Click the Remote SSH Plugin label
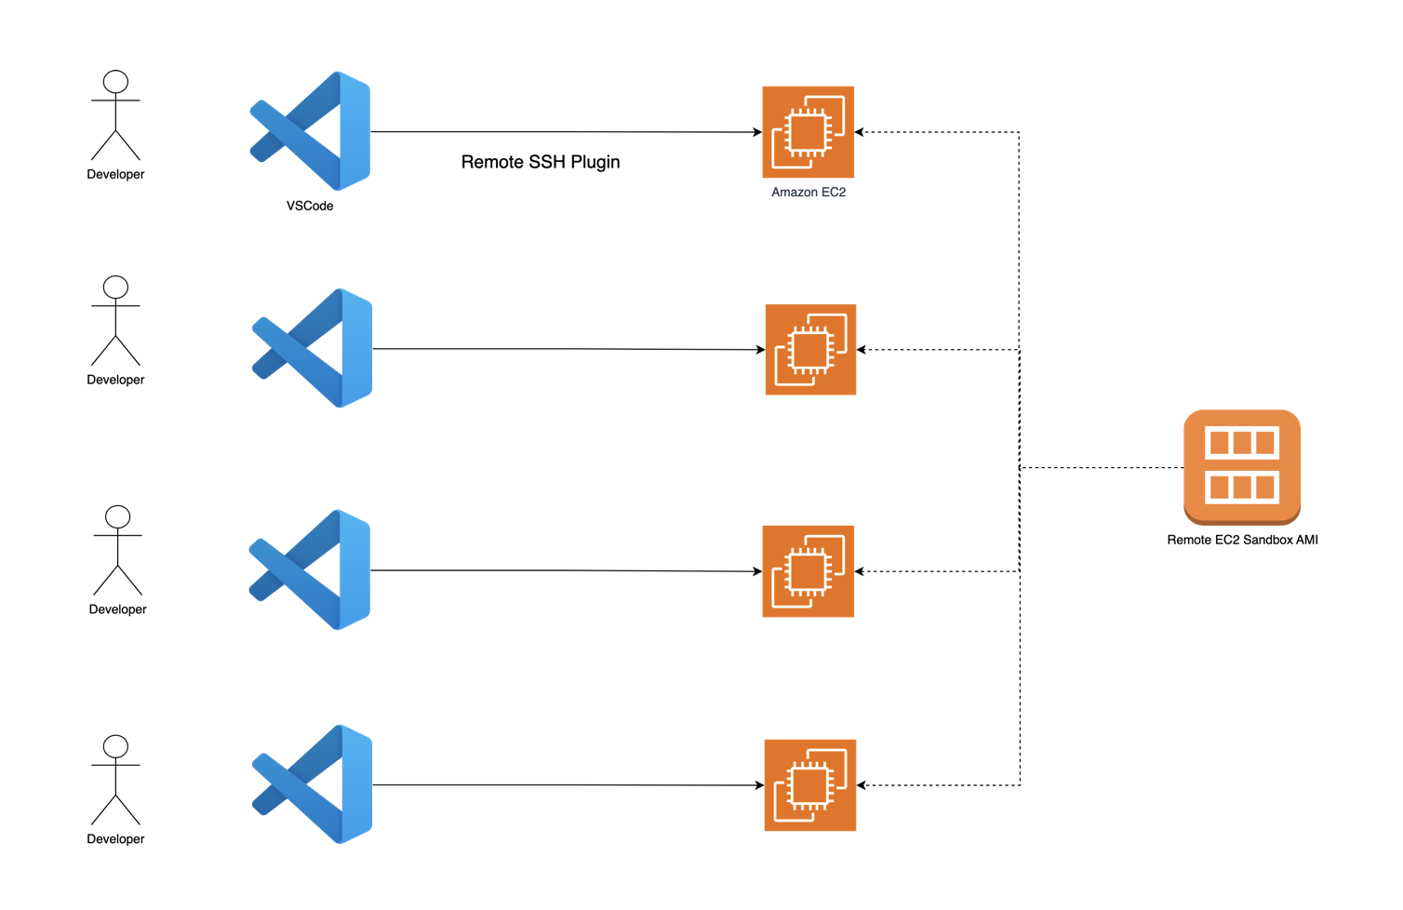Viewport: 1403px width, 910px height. pyautogui.click(x=541, y=162)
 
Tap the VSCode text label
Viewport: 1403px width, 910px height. pyautogui.click(x=310, y=206)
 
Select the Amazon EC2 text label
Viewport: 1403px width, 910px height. pyautogui.click(x=808, y=193)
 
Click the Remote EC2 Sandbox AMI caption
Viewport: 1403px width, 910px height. pyautogui.click(x=1242, y=540)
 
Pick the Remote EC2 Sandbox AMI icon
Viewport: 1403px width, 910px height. pyautogui.click(x=1242, y=467)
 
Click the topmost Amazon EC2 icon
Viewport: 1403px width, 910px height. pyautogui.click(x=808, y=132)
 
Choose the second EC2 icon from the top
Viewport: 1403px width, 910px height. pyautogui.click(x=810, y=350)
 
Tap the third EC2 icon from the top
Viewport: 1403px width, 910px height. pyautogui.click(x=808, y=571)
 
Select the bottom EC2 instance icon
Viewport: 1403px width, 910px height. pyautogui.click(x=809, y=785)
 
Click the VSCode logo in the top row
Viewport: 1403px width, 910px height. pyautogui.click(x=310, y=131)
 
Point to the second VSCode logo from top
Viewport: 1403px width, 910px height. pyautogui.click(x=312, y=348)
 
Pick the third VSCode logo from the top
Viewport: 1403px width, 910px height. pyautogui.click(x=310, y=570)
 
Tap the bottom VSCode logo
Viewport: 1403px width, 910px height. pyautogui.click(x=312, y=784)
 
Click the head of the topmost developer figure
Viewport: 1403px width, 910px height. pyautogui.click(x=116, y=82)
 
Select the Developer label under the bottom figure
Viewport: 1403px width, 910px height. pyautogui.click(x=115, y=839)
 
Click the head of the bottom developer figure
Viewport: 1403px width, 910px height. pyautogui.click(x=116, y=746)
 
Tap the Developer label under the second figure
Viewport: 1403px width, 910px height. pyautogui.click(x=115, y=381)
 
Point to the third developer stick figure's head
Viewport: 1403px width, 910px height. pyautogui.click(x=118, y=517)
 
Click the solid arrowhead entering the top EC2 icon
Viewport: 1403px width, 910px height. pyautogui.click(x=757, y=132)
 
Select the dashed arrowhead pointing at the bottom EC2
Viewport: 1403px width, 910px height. pyautogui.click(x=862, y=785)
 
